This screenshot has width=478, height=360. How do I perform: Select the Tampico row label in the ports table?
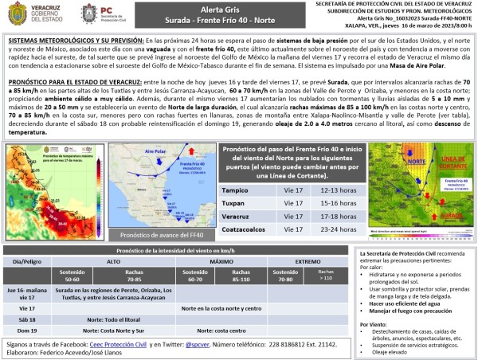[237, 190]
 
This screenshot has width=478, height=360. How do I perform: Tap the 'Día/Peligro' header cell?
[22, 261]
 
